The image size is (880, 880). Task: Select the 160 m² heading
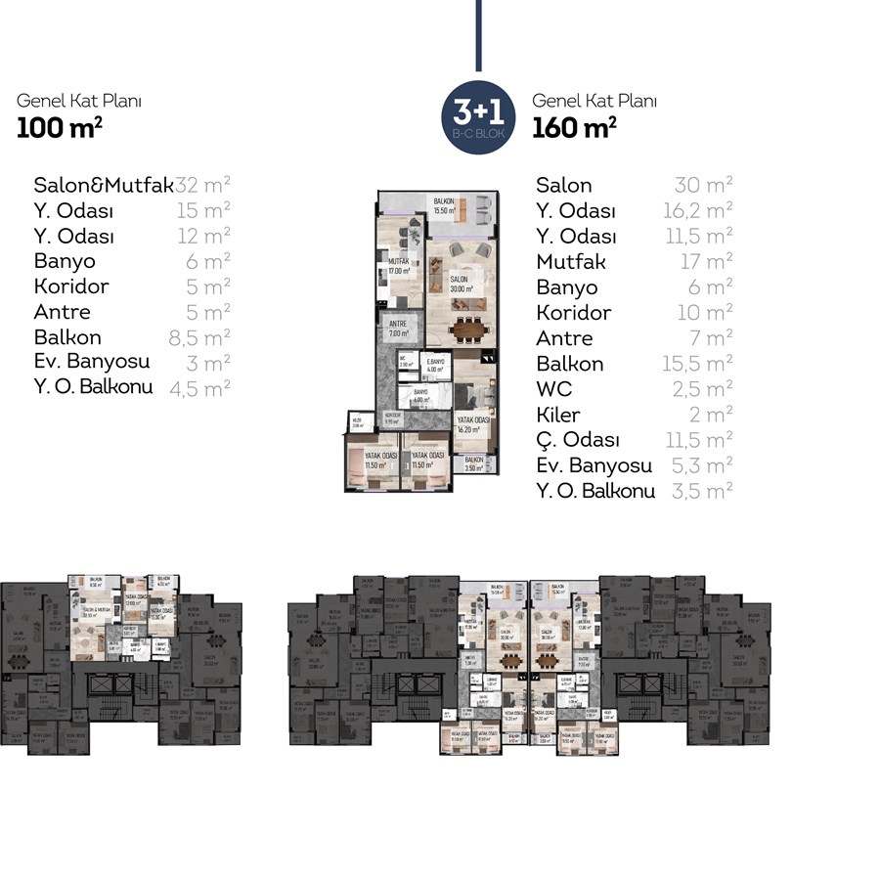click(x=574, y=126)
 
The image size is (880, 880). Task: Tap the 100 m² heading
click(x=60, y=126)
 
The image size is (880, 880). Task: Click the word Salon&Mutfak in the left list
click(x=104, y=185)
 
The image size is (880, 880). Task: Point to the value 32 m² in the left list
click(x=203, y=185)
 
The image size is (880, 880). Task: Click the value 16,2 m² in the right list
click(x=697, y=210)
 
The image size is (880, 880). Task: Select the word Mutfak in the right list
click(x=571, y=261)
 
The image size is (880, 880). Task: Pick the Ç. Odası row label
click(x=578, y=440)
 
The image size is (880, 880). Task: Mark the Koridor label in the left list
click(x=70, y=286)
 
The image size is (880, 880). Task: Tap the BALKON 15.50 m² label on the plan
click(x=448, y=206)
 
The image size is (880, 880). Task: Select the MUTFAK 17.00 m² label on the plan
click(x=397, y=266)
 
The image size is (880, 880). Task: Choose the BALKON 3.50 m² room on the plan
click(x=474, y=464)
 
